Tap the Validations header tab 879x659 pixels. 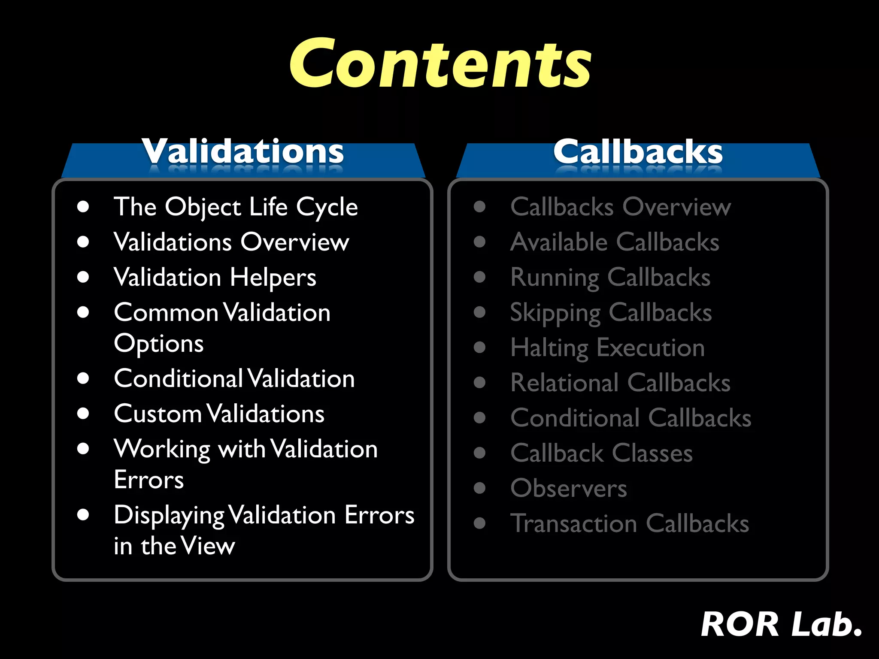[x=243, y=153]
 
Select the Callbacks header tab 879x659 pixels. [x=638, y=153]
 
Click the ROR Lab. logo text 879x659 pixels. [x=781, y=625]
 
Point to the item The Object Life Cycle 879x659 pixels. [x=236, y=207]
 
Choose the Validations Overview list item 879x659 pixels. [x=231, y=242]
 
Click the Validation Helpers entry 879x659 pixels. [x=215, y=278]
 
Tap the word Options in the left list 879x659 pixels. [x=159, y=344]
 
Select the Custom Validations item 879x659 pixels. [x=219, y=414]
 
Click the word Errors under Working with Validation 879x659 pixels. [x=149, y=480]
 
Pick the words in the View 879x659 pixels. [x=174, y=546]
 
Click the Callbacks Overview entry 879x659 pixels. [x=621, y=207]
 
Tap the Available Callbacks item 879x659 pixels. [x=615, y=242]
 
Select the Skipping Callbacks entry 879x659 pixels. [x=611, y=313]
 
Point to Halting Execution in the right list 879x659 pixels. [x=607, y=348]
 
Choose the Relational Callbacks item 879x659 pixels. [x=621, y=383]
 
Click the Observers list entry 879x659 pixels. [x=569, y=489]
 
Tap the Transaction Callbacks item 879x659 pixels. [x=630, y=524]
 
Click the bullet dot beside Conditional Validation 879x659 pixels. [x=83, y=378]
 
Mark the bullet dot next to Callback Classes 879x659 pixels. [x=479, y=453]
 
